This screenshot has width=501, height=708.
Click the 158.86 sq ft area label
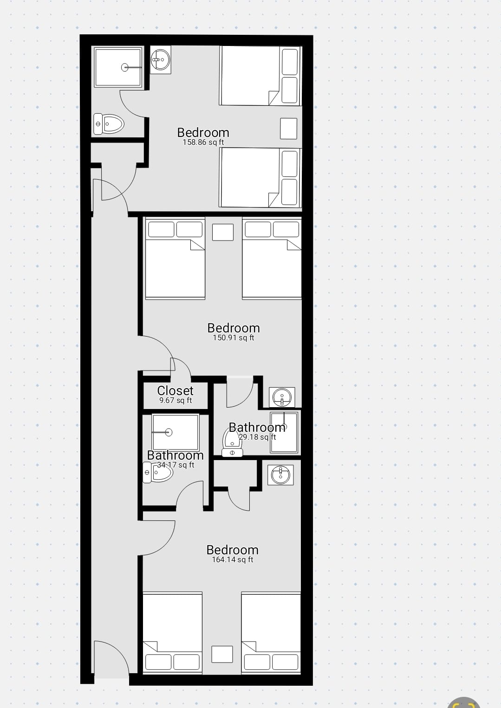point(203,142)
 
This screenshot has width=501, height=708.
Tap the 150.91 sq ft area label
point(234,338)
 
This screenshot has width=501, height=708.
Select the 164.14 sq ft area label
point(233,559)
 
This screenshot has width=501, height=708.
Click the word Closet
point(175,390)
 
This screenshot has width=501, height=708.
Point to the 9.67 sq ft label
point(176,401)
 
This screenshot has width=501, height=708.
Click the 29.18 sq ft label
point(257,437)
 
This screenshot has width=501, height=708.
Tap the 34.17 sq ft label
point(176,465)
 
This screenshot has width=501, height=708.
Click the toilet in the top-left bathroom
point(109,124)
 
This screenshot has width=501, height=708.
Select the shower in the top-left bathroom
point(117,67)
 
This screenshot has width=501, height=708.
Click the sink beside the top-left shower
point(161,60)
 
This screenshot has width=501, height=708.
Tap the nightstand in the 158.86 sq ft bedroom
point(289,129)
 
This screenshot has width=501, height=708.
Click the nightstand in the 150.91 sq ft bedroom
point(223,232)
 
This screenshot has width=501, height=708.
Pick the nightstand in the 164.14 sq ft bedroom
point(222,654)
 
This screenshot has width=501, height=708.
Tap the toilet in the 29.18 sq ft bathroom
point(232,442)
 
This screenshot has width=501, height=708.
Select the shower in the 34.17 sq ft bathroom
point(176,432)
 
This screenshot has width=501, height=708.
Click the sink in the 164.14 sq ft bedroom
point(281,475)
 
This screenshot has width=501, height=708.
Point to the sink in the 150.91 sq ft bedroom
point(282,397)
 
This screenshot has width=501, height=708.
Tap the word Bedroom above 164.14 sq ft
point(233,550)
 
